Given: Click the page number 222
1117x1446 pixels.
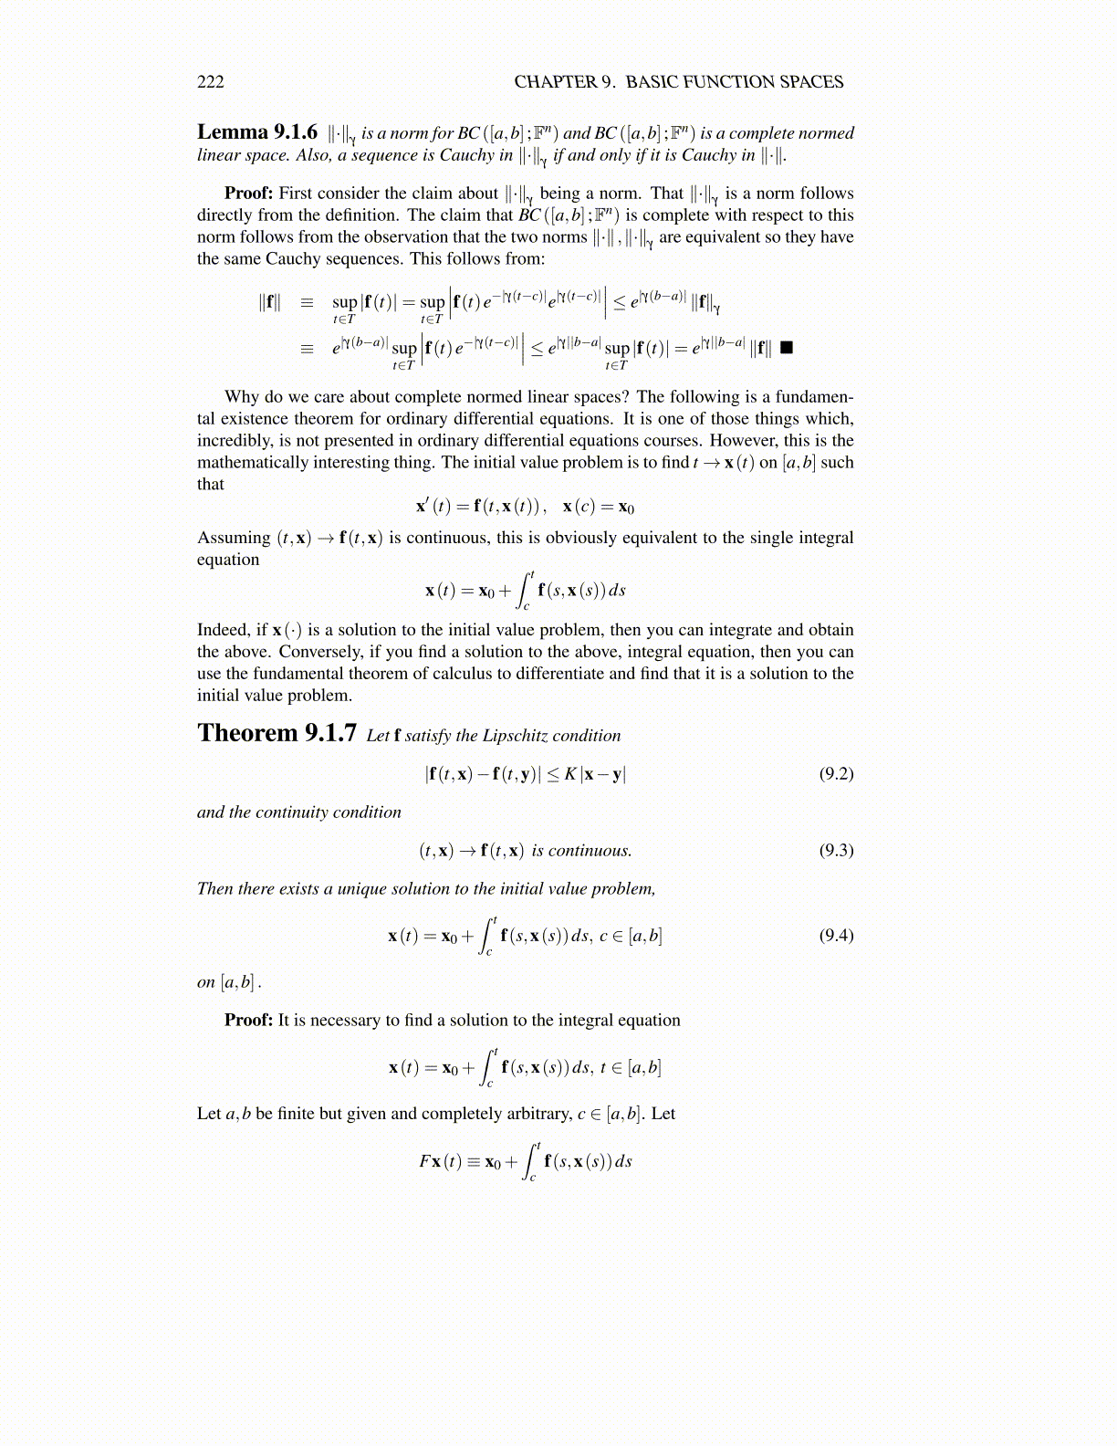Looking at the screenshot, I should coord(211,82).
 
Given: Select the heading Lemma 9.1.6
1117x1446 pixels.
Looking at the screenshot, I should coord(257,132).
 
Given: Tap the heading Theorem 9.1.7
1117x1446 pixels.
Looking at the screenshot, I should coord(277,733).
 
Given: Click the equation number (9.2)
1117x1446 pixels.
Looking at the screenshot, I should coord(836,774).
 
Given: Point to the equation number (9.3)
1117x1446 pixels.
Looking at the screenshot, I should coord(836,851).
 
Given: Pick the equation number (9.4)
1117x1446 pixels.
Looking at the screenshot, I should coord(836,935).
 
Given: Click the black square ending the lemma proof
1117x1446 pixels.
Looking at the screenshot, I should coord(787,348).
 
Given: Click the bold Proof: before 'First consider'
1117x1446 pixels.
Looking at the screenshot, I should coord(249,194).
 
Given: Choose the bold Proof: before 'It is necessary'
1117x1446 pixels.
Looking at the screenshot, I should coord(249,1021).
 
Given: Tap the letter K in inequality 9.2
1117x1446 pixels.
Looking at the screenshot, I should coord(570,774).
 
